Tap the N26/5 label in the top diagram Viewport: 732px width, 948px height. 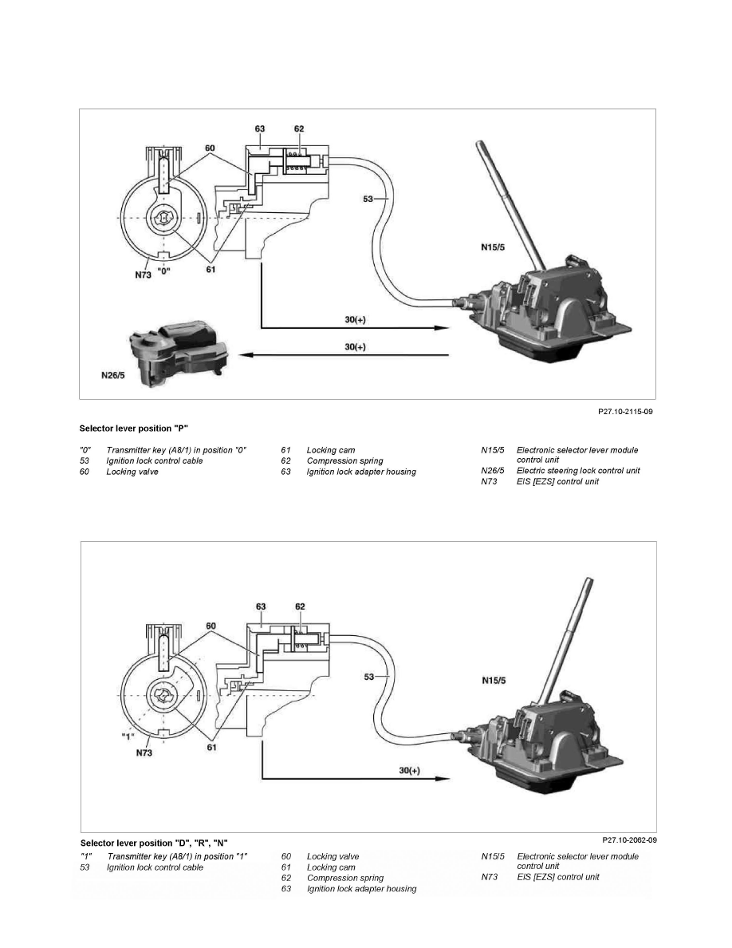[x=113, y=376]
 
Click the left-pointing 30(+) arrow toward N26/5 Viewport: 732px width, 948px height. [x=344, y=356]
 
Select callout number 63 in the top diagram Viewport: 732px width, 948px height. [x=260, y=128]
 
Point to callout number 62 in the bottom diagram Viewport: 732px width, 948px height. [x=300, y=606]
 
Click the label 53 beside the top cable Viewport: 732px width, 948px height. [x=368, y=199]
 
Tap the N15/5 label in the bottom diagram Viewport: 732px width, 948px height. [x=494, y=681]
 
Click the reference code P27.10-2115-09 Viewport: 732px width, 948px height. [x=625, y=412]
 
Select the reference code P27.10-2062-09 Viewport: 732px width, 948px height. [x=629, y=839]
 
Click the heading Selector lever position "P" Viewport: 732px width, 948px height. [x=134, y=429]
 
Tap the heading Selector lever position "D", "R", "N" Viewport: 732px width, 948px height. [x=154, y=843]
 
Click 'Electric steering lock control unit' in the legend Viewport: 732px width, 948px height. [x=578, y=470]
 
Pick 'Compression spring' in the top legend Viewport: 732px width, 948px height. [x=344, y=460]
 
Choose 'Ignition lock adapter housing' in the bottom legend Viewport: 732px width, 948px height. [x=362, y=889]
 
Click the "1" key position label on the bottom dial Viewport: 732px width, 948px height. [x=127, y=737]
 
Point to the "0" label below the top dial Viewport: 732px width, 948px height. [x=163, y=271]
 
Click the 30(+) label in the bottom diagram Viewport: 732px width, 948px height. [x=410, y=771]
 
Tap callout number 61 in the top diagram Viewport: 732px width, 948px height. [x=211, y=270]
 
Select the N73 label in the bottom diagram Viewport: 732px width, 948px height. [x=144, y=753]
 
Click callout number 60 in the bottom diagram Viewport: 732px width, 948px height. [x=211, y=626]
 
